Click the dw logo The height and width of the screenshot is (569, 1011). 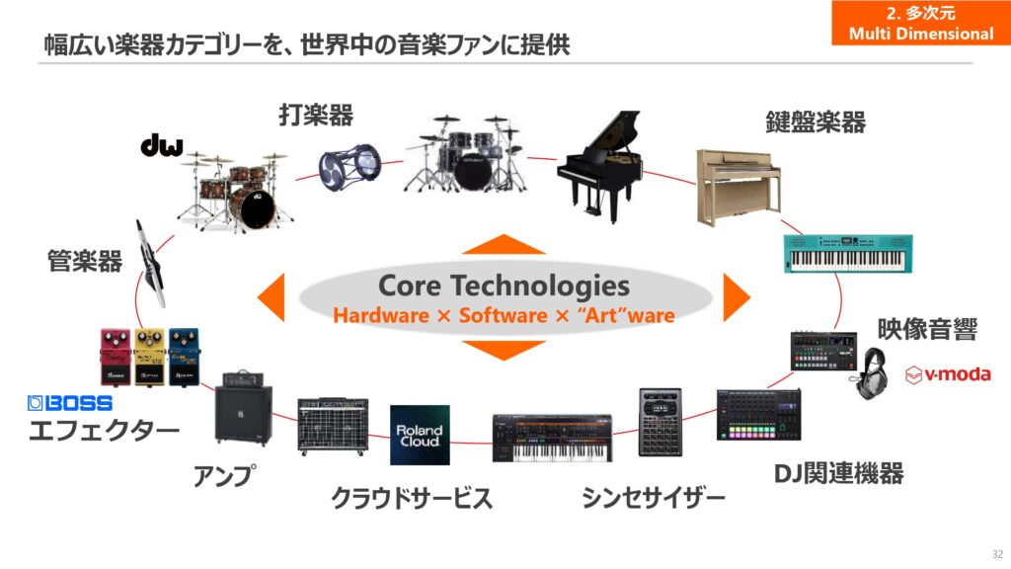161,145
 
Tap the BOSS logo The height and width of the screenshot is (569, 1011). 70,403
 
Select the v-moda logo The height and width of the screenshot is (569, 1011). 948,374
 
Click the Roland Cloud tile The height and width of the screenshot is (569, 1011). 420,435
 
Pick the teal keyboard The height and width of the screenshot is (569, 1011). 848,254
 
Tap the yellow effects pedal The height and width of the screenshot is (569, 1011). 150,358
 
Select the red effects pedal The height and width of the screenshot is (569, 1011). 117,358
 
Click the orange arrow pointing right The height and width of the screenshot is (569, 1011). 736,297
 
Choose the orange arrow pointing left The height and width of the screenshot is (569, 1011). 272,297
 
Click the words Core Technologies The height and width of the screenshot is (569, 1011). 504,286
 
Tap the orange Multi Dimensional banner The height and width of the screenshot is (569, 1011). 921,23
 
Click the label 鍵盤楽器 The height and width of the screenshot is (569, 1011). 816,122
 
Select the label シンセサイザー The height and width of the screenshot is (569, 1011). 654,498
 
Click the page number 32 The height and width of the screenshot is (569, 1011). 997,554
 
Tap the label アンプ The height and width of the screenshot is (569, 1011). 224,476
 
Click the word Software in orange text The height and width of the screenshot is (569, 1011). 503,315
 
